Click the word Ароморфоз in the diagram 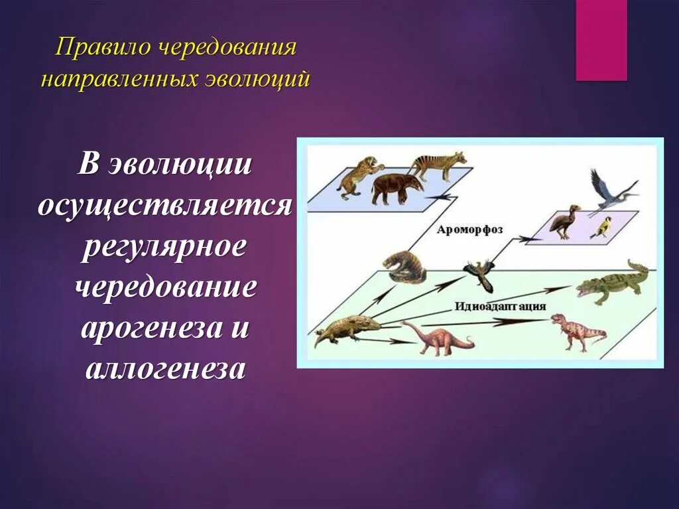pos(469,230)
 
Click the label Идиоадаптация pos(500,307)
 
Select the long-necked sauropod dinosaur pos(437,337)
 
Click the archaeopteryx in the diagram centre pos(481,274)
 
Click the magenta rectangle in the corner pos(601,40)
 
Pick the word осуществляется pos(164,206)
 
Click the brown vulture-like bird pos(564,221)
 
